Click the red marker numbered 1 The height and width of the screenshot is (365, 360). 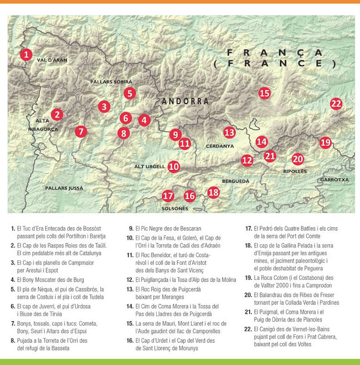click(26, 54)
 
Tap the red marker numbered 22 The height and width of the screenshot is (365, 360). click(336, 103)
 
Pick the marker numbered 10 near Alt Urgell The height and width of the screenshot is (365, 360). click(174, 166)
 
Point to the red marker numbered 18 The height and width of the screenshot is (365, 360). click(213, 192)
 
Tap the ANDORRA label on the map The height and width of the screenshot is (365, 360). click(185, 101)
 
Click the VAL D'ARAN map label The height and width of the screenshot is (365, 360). click(52, 60)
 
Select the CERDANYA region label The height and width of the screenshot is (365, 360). click(220, 146)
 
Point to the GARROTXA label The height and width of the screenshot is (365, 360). click(335, 180)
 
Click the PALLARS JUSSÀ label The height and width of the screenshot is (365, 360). click(64, 188)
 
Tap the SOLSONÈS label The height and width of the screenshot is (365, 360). click(175, 208)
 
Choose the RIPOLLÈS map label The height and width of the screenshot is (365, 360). click(295, 171)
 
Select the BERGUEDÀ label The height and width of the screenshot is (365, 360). click(235, 181)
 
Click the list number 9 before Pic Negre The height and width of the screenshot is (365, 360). click(131, 228)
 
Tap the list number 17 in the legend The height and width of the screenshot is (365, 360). click(248, 228)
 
